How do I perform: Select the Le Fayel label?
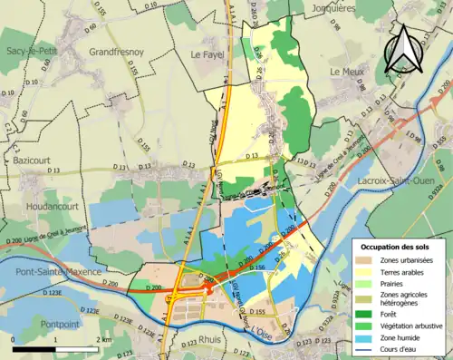click(207, 54)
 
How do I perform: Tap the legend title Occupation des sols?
click(397, 246)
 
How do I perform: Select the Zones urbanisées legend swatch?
click(365, 260)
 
